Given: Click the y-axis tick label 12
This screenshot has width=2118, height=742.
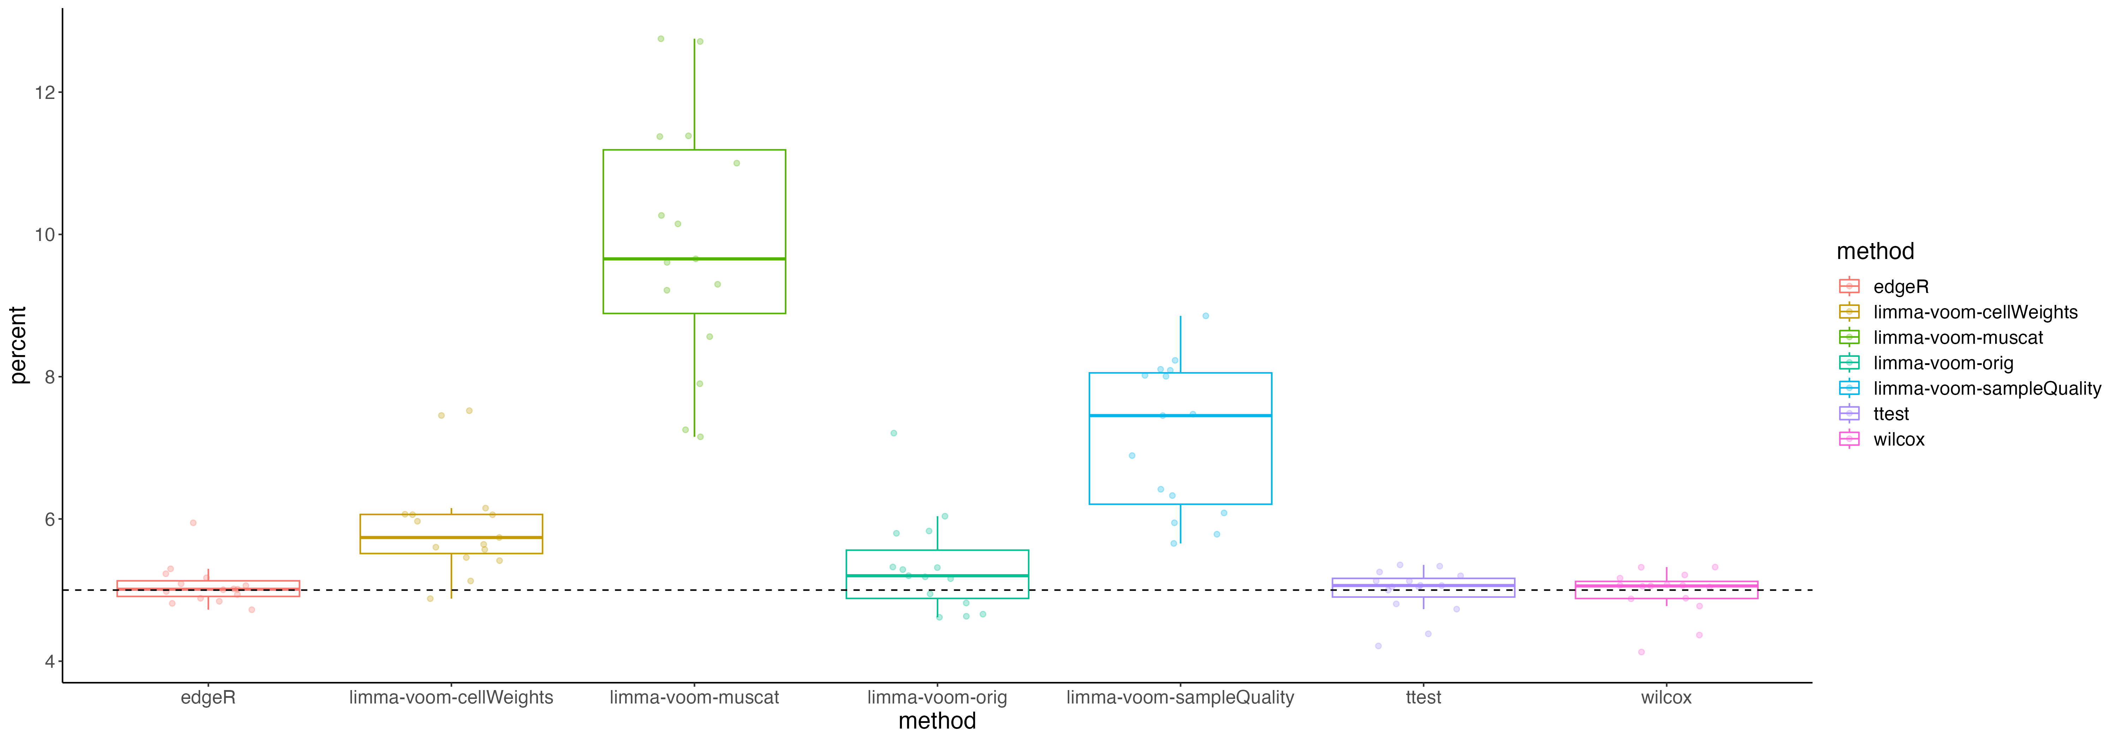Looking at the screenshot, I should click(44, 92).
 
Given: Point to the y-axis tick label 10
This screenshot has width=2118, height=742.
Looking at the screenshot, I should click(44, 235).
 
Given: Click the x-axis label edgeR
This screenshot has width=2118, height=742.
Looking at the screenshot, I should click(208, 697).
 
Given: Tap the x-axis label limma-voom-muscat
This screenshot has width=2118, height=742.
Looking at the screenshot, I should click(694, 697).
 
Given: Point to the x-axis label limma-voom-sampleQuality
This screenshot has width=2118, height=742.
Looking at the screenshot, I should click(1180, 697).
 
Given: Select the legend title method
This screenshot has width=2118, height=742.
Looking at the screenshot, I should click(1875, 251).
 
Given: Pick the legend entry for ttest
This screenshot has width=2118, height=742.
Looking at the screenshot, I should click(1891, 414).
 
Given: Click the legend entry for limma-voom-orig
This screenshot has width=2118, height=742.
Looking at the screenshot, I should click(1943, 363).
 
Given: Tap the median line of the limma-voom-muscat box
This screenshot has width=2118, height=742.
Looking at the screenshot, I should click(694, 259).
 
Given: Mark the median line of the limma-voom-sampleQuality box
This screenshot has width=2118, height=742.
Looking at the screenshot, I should click(1180, 416).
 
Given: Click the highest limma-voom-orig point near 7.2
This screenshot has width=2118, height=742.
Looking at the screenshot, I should click(894, 433).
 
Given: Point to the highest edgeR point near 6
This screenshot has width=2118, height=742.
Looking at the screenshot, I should click(193, 522).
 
